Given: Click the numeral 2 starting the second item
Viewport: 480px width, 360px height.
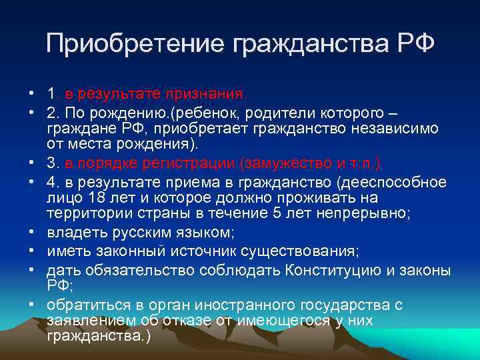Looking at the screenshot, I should coord(51,111).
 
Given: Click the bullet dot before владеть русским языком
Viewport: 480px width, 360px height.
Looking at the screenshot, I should coord(31,233).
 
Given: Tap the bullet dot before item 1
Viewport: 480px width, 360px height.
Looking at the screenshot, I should coord(31,94).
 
